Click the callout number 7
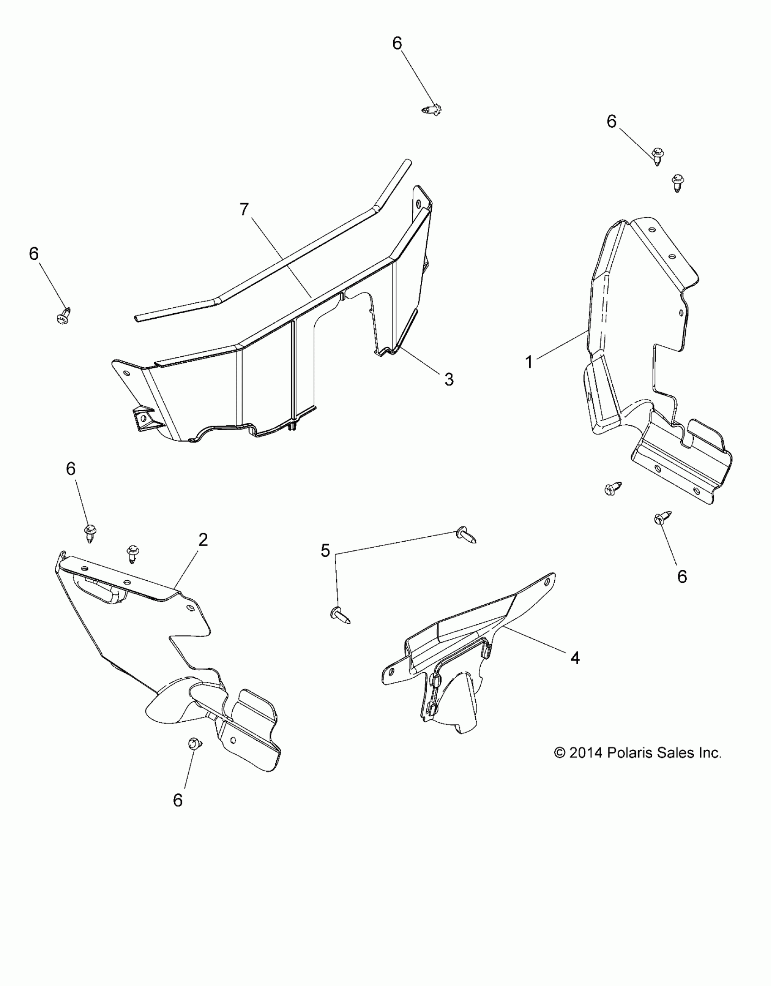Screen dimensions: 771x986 tap(244, 209)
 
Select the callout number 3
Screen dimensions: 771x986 tap(449, 379)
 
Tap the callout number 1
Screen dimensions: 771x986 tap(529, 362)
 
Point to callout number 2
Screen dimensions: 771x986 tap(203, 539)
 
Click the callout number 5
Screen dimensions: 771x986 tap(325, 551)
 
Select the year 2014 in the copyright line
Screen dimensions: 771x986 tap(586, 753)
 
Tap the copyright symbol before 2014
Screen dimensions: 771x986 tap(560, 753)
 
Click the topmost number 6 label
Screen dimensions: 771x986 tap(397, 44)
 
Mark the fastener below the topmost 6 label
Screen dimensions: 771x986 tap(432, 109)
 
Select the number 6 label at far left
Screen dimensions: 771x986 tap(34, 254)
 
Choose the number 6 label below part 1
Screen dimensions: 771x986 tap(682, 576)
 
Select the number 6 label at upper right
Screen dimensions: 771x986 tap(612, 121)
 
